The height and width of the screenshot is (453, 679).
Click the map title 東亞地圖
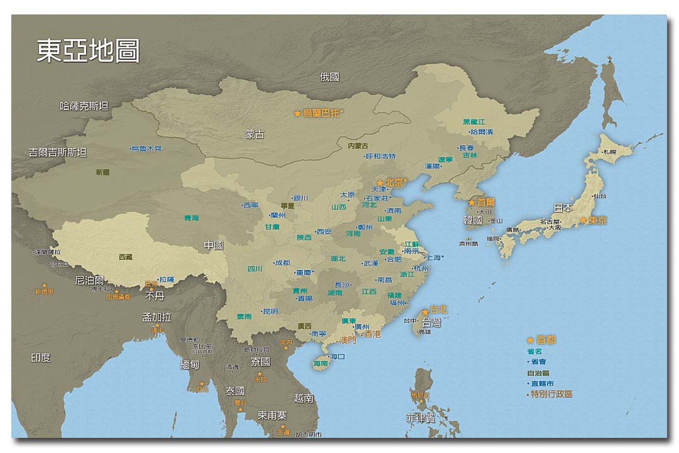(88, 51)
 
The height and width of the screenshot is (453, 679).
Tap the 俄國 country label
(330, 77)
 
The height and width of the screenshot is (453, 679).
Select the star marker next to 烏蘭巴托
(297, 114)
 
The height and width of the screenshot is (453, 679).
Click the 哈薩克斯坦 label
(84, 106)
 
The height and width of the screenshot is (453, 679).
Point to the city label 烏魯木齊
(147, 148)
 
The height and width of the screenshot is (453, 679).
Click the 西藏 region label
(126, 257)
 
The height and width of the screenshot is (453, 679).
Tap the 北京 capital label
(394, 182)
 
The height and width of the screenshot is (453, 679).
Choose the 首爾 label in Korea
(486, 202)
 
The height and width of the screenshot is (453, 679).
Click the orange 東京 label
(597, 220)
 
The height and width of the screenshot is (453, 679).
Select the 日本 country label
(563, 208)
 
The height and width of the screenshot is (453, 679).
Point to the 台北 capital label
(438, 310)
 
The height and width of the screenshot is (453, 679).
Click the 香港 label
(373, 334)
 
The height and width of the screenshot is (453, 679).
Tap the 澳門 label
(347, 340)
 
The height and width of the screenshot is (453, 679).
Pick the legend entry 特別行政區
(552, 394)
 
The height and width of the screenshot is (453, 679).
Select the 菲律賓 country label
(420, 418)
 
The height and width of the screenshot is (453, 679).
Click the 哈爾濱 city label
(482, 132)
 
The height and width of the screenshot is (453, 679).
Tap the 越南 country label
(303, 398)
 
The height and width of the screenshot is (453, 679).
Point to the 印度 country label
(40, 358)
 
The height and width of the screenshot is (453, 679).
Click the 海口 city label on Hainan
(338, 356)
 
